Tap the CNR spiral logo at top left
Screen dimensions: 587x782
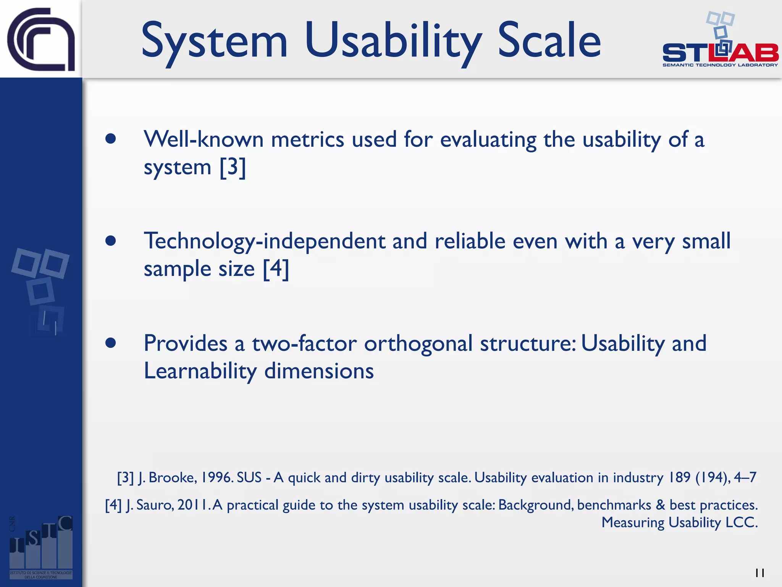(x=41, y=39)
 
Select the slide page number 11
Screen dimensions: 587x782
(x=759, y=573)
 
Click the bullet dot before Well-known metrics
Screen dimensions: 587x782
(x=111, y=139)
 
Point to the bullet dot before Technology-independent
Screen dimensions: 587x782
(x=111, y=241)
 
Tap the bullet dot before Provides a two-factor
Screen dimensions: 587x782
(x=111, y=343)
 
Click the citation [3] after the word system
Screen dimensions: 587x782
(x=233, y=167)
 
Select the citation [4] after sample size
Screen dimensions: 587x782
(x=276, y=269)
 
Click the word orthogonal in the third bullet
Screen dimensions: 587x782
(x=418, y=343)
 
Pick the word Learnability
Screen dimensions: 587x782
(x=200, y=371)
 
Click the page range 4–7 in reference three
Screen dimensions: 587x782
(x=745, y=477)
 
